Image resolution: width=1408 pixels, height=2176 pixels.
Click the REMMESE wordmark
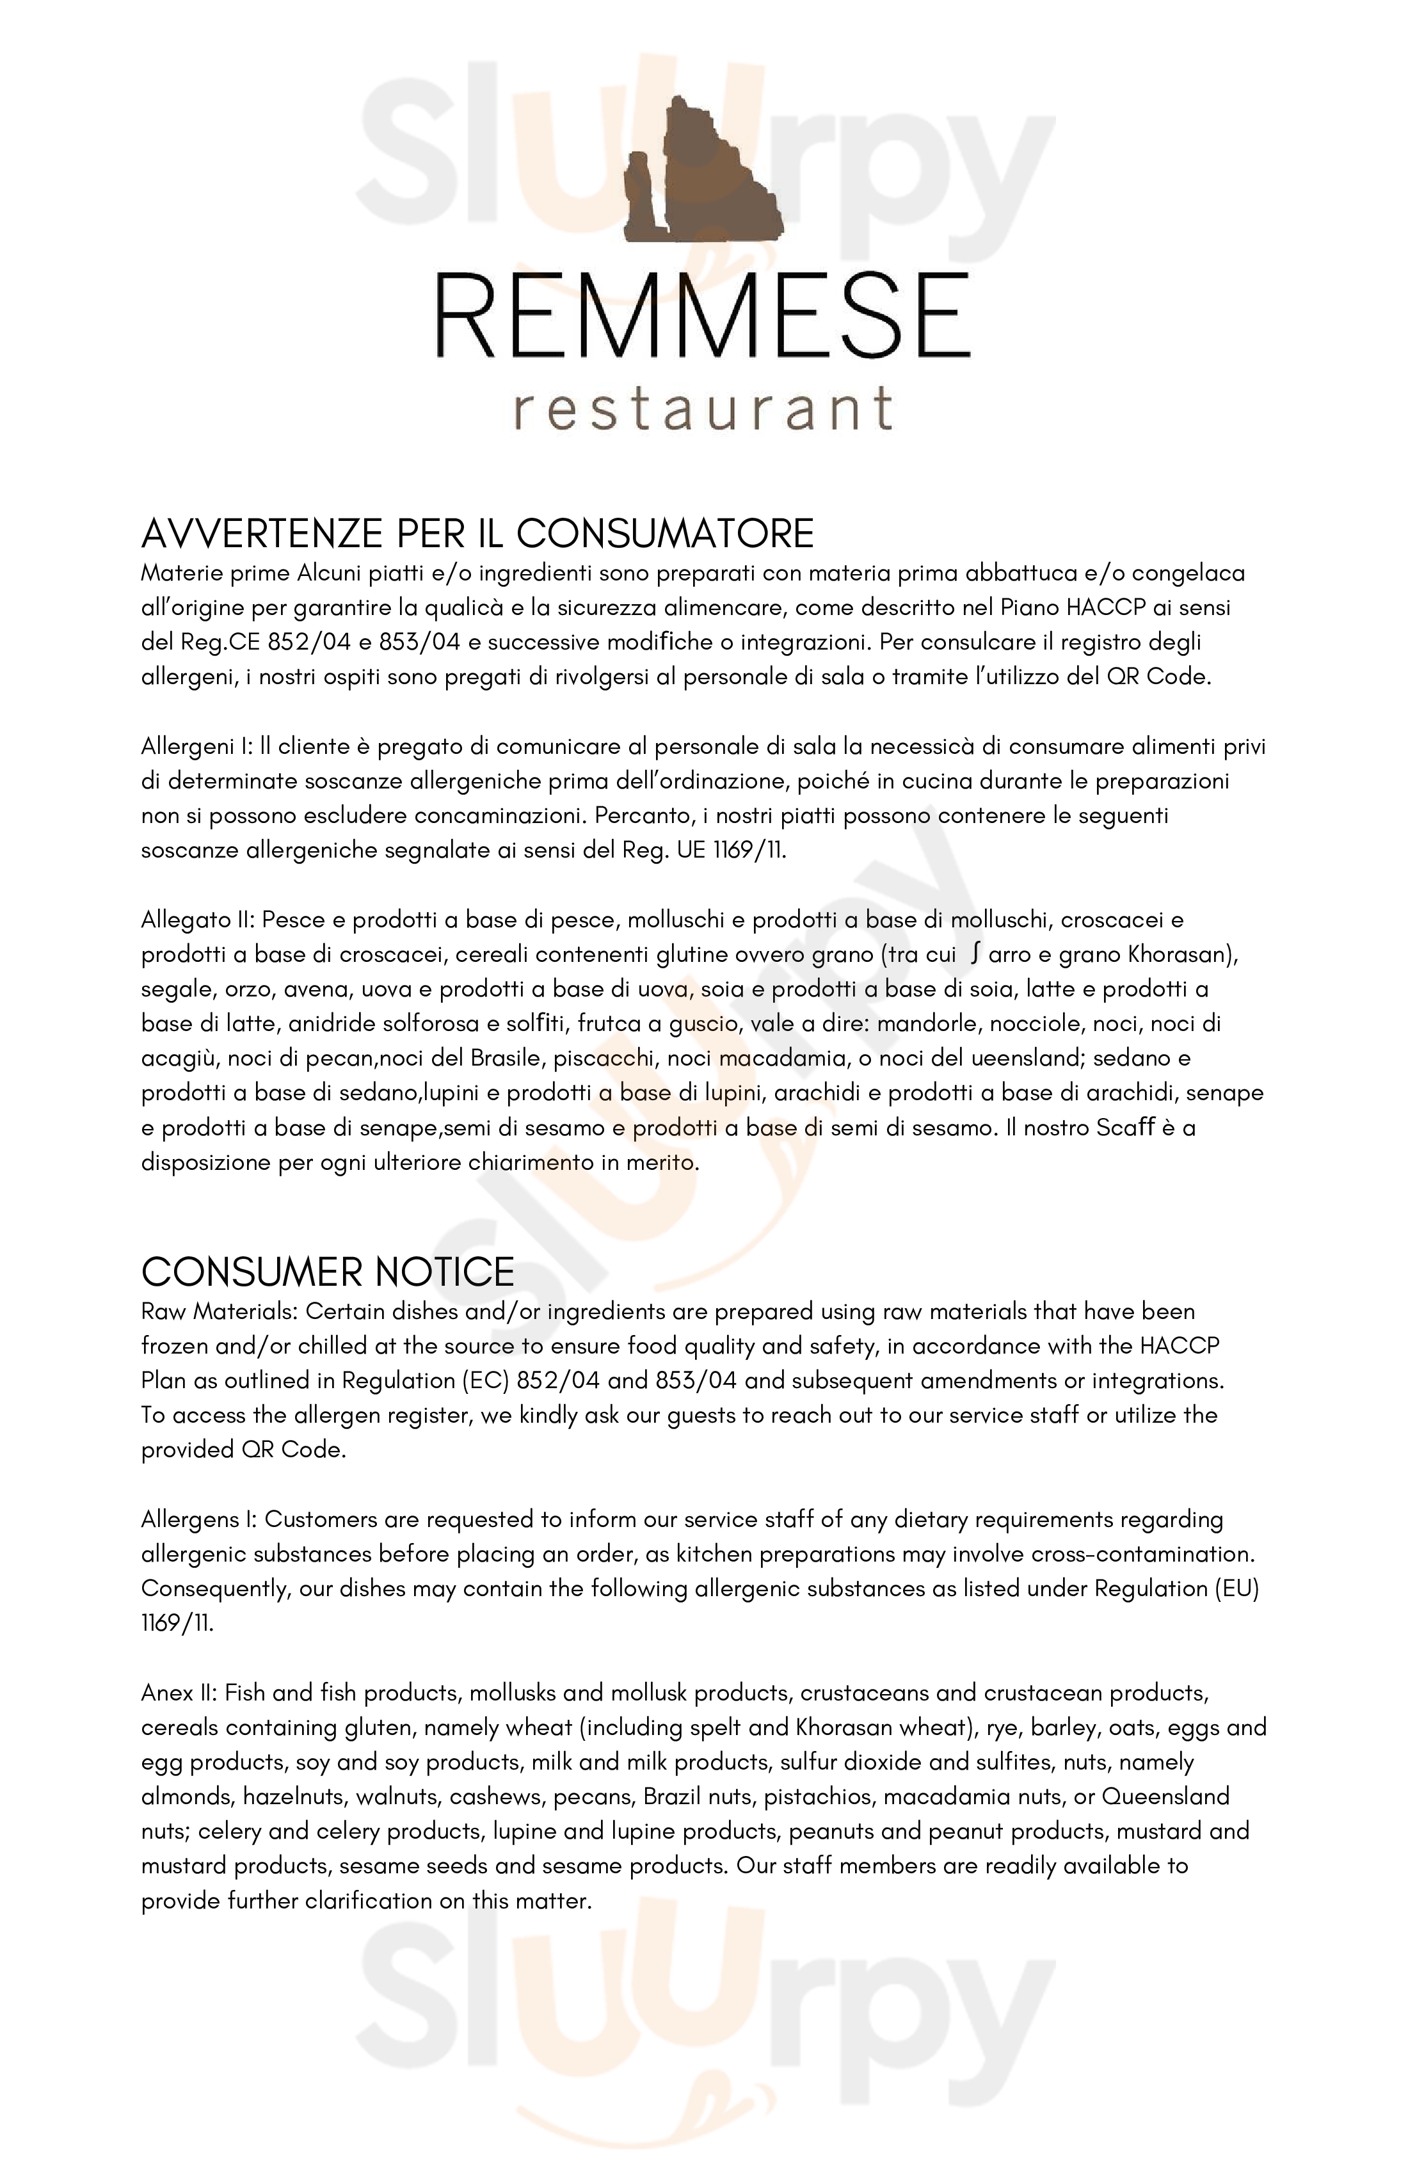point(701,318)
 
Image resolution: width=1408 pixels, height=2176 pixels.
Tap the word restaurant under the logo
point(701,409)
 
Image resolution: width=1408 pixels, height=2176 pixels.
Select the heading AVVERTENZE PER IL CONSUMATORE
point(477,534)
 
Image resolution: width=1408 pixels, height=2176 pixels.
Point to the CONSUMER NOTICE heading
point(327,1272)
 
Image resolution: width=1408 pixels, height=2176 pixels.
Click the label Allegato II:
point(199,920)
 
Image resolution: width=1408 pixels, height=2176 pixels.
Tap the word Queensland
point(1165,1796)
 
